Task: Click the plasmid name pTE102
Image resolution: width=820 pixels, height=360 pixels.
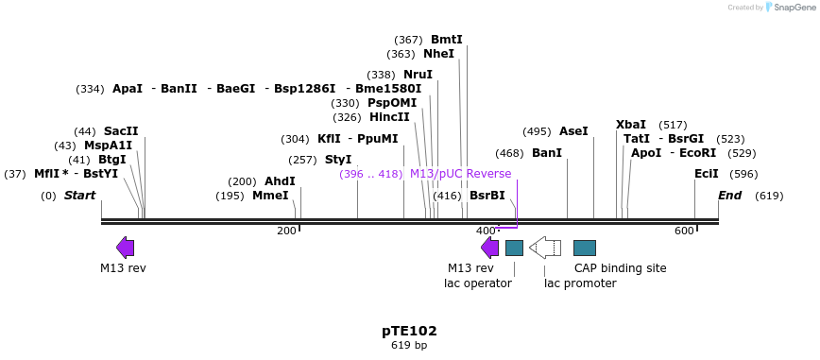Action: pyautogui.click(x=409, y=331)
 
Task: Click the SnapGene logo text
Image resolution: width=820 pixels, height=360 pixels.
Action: pyautogui.click(x=791, y=8)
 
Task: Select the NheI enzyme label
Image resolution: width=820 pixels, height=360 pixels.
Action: pyautogui.click(x=438, y=54)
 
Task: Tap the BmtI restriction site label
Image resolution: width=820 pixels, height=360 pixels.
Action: pyautogui.click(x=447, y=40)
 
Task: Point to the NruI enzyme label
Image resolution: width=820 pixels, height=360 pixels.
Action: pyautogui.click(x=418, y=75)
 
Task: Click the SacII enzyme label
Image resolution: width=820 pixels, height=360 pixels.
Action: pyautogui.click(x=121, y=131)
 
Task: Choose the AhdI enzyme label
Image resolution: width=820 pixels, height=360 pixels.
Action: pyautogui.click(x=280, y=181)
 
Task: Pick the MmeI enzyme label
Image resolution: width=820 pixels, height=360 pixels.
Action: pyautogui.click(x=270, y=196)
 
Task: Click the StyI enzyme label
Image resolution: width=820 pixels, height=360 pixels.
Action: pyautogui.click(x=338, y=160)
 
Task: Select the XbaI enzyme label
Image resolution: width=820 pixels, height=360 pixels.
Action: pyautogui.click(x=631, y=125)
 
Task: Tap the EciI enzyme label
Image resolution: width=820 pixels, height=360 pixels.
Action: pyautogui.click(x=707, y=174)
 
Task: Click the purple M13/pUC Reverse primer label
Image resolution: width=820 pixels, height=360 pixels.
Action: pyautogui.click(x=460, y=174)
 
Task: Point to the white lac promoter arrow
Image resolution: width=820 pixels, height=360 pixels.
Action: pyautogui.click(x=545, y=248)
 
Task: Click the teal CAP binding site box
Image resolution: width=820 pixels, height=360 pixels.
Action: pyautogui.click(x=585, y=248)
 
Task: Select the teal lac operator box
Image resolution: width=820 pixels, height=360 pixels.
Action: pyautogui.click(x=514, y=248)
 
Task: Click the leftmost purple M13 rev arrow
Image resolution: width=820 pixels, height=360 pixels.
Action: pyautogui.click(x=125, y=248)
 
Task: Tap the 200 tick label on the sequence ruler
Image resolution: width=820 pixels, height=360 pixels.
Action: pyautogui.click(x=286, y=231)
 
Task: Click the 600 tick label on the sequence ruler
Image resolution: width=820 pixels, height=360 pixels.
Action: pyautogui.click(x=684, y=231)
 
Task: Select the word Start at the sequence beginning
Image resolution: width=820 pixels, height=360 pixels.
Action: pyautogui.click(x=80, y=196)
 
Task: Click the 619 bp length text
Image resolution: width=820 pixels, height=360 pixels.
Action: pyautogui.click(x=409, y=346)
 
